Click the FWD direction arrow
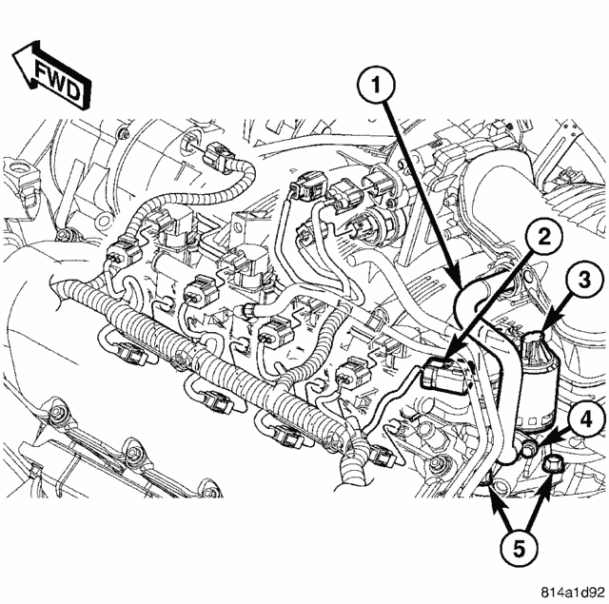coord(51,75)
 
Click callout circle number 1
coord(377,85)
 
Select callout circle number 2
coord(545,237)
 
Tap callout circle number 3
coord(584,281)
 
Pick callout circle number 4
coord(586,420)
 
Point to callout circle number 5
coord(520,549)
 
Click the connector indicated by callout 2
coord(444,373)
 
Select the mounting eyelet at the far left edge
coord(16,169)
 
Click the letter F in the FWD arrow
coord(43,70)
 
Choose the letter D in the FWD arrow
coord(73,91)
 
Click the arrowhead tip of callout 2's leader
coord(445,358)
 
